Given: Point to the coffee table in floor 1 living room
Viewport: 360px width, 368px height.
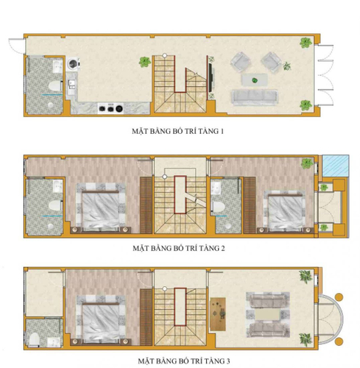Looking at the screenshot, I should click(253, 78).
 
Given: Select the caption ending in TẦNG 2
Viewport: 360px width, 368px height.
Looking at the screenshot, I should click(175, 248).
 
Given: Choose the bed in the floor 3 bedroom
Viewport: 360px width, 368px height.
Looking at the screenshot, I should click(96, 317).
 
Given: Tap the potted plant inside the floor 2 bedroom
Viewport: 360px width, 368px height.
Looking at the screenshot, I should click(305, 163).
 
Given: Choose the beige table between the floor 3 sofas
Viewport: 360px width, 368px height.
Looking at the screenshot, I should click(264, 314).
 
